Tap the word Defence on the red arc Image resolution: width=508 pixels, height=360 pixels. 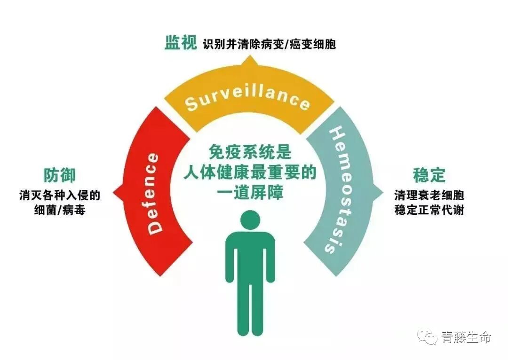pos(154,193)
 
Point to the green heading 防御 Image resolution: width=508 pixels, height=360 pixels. pos(60,175)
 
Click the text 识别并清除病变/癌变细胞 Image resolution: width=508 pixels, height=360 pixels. pos(269,45)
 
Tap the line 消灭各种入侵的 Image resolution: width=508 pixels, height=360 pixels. pos(60,195)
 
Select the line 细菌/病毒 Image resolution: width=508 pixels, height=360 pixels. pos(60,210)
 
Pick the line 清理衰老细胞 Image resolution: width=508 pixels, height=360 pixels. pos(429,195)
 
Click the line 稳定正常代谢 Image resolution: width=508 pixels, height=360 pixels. pos(429,210)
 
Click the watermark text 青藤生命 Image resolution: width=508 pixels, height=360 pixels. pos(466,337)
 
